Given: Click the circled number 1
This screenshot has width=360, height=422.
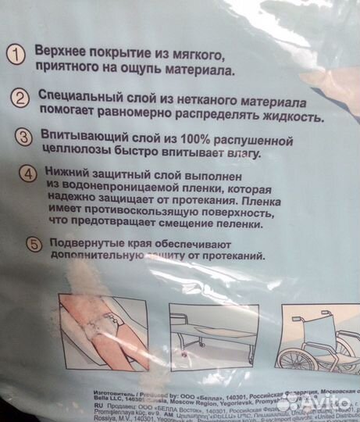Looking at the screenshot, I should (15, 55).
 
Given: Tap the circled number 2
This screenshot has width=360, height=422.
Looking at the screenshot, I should (20, 98).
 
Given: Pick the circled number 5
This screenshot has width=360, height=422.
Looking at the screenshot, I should (34, 244).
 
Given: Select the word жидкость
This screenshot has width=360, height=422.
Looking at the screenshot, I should (294, 120).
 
